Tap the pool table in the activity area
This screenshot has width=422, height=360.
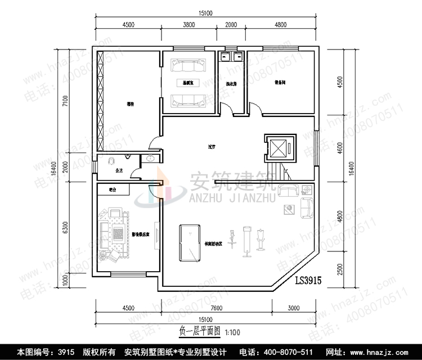(190, 242)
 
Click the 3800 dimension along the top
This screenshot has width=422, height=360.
(189, 24)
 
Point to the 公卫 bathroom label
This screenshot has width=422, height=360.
(118, 169)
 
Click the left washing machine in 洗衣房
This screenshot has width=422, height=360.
(227, 56)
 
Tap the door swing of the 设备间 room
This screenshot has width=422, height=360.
(253, 107)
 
